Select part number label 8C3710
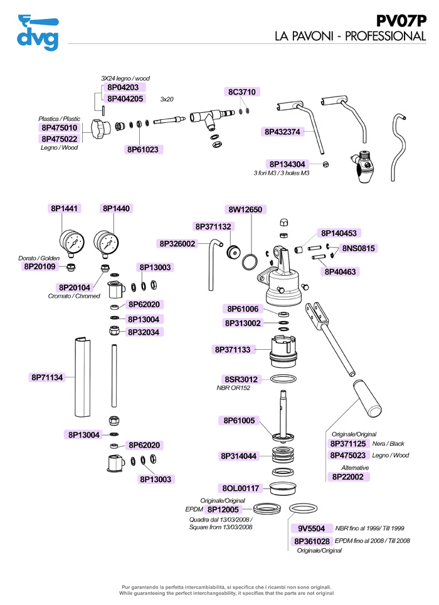pos(242,92)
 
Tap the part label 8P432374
pos(282,132)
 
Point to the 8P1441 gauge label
pos(64,208)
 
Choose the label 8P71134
pos(47,377)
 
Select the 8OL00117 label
pos(240,488)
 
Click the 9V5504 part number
pos(310,529)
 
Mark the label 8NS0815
pos(359,248)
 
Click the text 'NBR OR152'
pos(233,388)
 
